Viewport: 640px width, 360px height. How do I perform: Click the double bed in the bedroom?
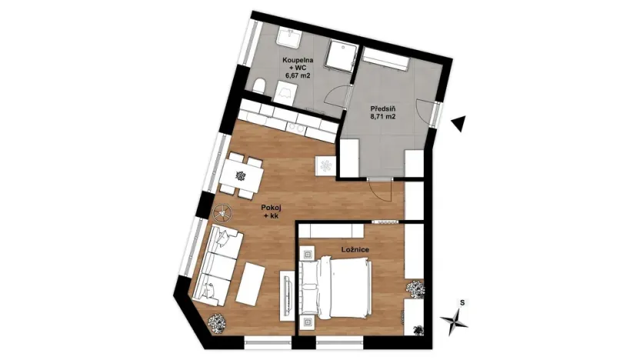pyautogui.click(x=335, y=285)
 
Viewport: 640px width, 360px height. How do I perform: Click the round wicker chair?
pyautogui.click(x=224, y=210)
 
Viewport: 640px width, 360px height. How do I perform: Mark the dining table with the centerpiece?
pyautogui.click(x=239, y=175)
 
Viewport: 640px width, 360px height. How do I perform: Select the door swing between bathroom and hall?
pyautogui.click(x=334, y=96)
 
